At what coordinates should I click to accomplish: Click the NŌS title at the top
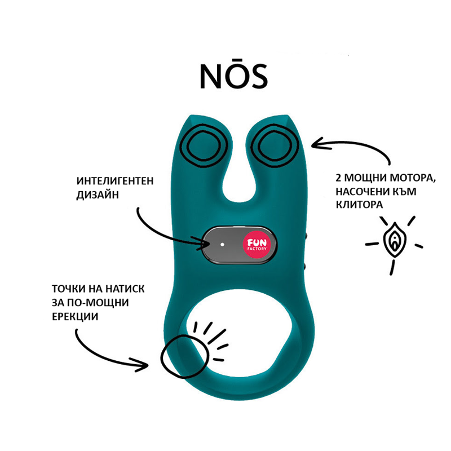point(233,75)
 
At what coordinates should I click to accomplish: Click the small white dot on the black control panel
point(222,245)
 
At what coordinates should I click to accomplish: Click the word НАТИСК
point(122,288)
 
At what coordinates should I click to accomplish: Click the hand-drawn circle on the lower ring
point(184,356)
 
